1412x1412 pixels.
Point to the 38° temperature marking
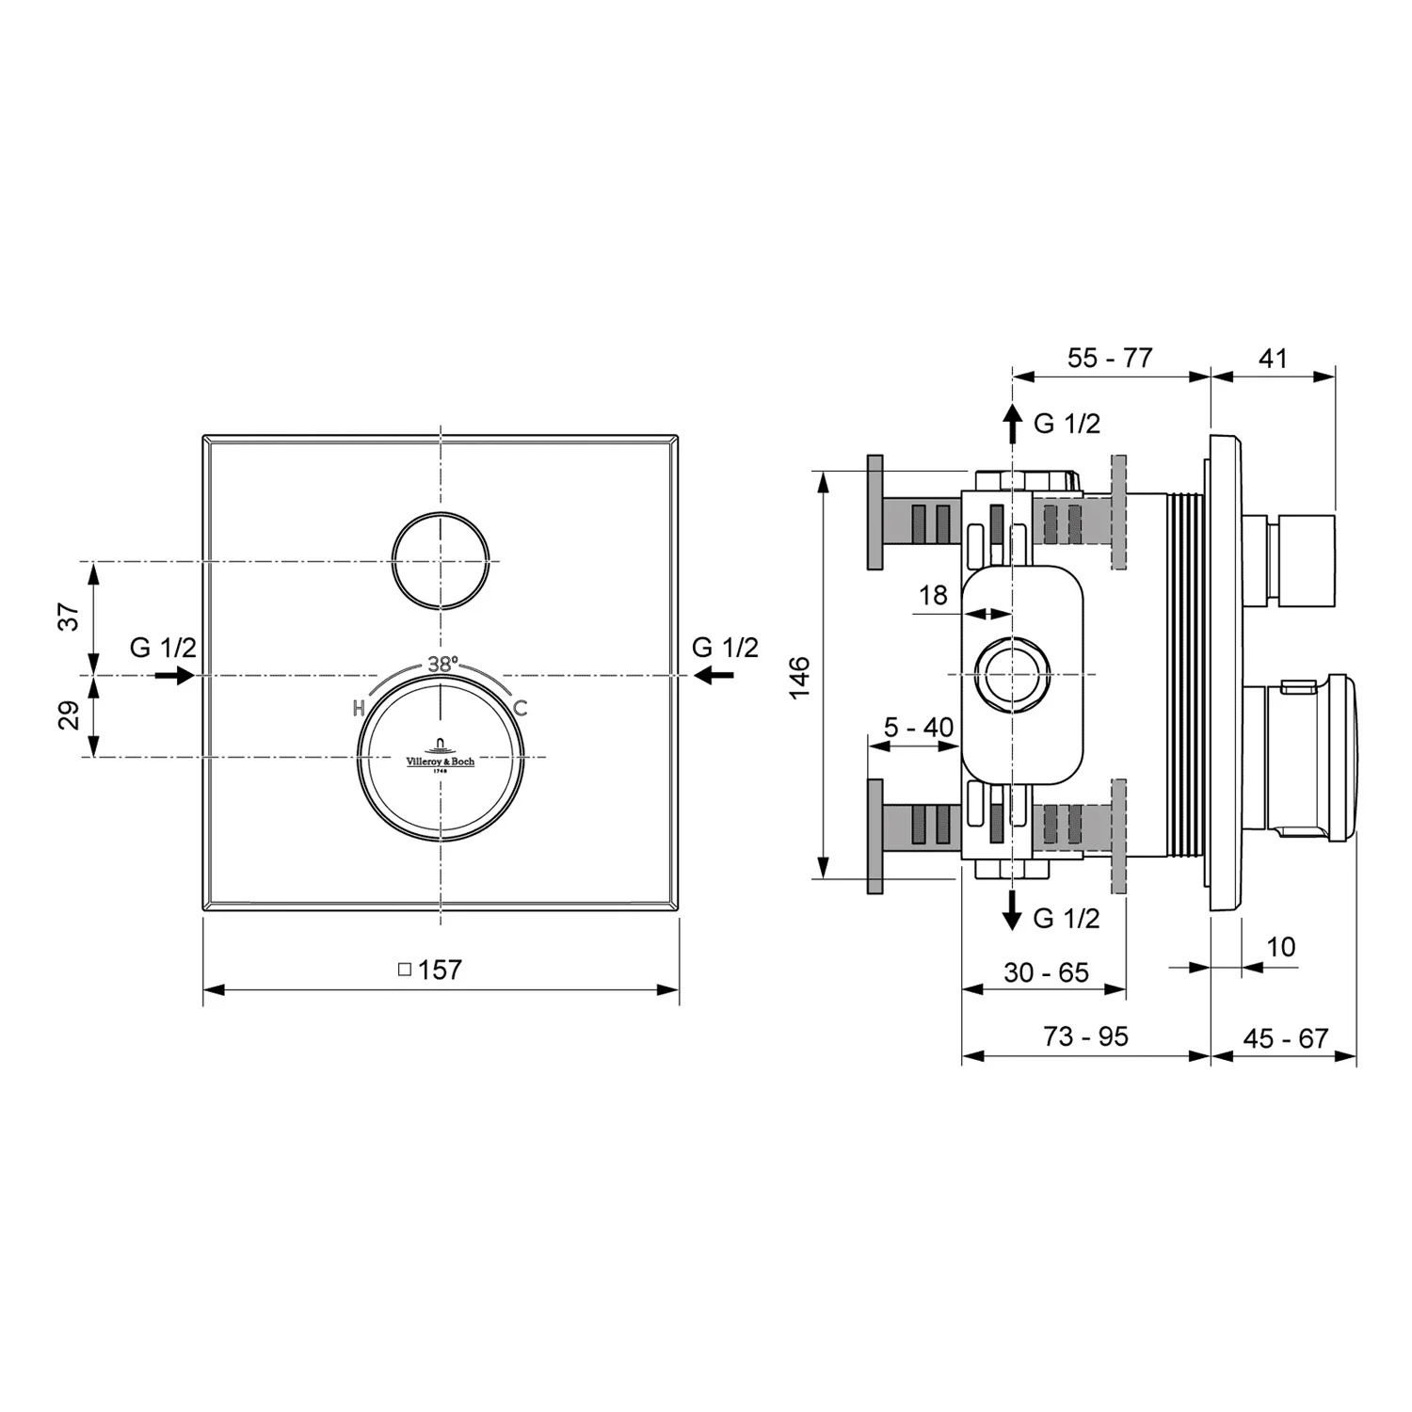pyautogui.click(x=442, y=664)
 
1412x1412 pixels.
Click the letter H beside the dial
pyautogui.click(x=359, y=708)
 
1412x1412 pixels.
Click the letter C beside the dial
pyautogui.click(x=521, y=708)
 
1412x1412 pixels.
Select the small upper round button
pyautogui.click(x=441, y=561)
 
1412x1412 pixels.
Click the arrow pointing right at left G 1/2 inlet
pyautogui.click(x=174, y=675)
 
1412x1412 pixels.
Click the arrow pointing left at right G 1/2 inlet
pyautogui.click(x=715, y=674)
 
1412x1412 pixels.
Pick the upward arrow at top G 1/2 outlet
pyautogui.click(x=1012, y=425)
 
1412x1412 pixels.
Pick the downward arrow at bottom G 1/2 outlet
pyautogui.click(x=1012, y=910)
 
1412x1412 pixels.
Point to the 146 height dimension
pyautogui.click(x=799, y=677)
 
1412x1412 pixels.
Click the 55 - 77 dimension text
pyautogui.click(x=1110, y=358)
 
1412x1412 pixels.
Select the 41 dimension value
pyautogui.click(x=1273, y=358)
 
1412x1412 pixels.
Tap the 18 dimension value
pyautogui.click(x=933, y=595)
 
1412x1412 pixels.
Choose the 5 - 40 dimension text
pyautogui.click(x=918, y=727)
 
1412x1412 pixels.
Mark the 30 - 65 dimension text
pyautogui.click(x=1046, y=972)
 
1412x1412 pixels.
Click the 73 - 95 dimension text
pyautogui.click(x=1085, y=1036)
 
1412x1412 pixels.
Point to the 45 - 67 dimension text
pyautogui.click(x=1285, y=1038)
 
